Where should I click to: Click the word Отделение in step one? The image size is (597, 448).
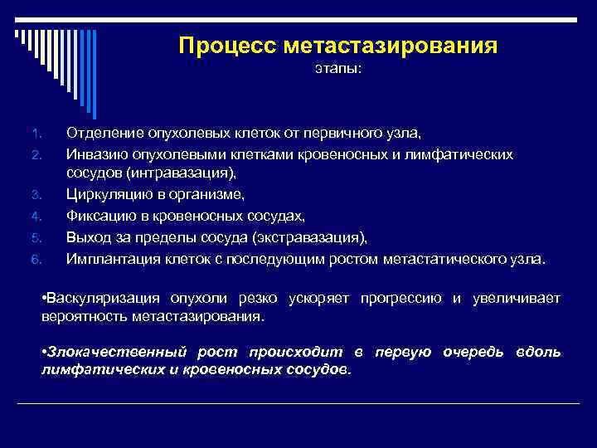(x=104, y=133)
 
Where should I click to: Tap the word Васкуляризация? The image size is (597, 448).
(x=102, y=299)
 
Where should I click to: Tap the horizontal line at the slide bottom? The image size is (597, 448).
(x=298, y=404)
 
